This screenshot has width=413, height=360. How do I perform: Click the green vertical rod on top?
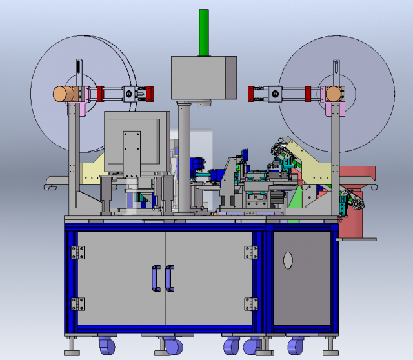204,32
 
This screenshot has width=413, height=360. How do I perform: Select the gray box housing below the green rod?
203,77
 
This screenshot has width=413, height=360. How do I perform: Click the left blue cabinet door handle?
154,278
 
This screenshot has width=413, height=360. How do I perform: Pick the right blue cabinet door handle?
170,278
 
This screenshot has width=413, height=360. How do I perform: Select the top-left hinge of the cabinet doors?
78,252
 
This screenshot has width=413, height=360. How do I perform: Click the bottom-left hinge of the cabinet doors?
78,304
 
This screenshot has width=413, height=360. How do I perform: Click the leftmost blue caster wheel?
106,347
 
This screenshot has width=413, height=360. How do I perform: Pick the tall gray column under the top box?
185,155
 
